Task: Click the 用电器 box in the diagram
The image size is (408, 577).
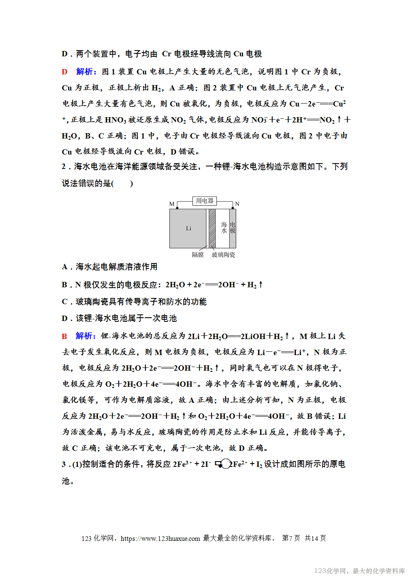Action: point(204,201)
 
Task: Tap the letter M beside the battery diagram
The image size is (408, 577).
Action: point(172,204)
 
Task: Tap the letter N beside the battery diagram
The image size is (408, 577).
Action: point(237,204)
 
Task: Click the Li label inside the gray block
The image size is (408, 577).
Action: point(189,228)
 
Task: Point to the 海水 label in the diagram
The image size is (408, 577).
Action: point(224,228)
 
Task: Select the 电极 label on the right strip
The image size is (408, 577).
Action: point(233,228)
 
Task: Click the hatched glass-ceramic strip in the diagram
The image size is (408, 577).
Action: point(212,228)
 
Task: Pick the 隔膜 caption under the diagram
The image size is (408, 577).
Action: point(198,255)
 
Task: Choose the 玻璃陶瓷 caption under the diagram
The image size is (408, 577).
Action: point(224,255)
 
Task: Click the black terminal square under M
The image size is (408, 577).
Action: point(177,208)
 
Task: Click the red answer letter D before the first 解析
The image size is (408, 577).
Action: point(65,72)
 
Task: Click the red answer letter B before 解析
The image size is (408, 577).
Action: point(65,336)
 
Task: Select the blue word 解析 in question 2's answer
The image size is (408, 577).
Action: point(85,336)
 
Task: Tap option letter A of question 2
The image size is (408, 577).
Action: point(65,267)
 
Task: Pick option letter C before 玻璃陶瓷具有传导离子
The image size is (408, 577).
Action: point(65,302)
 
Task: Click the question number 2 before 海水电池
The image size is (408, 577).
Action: point(64,167)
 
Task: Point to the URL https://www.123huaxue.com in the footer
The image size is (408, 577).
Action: point(160,538)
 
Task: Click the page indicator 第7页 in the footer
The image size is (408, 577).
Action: point(291,538)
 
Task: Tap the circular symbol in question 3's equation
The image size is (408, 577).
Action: point(225,464)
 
